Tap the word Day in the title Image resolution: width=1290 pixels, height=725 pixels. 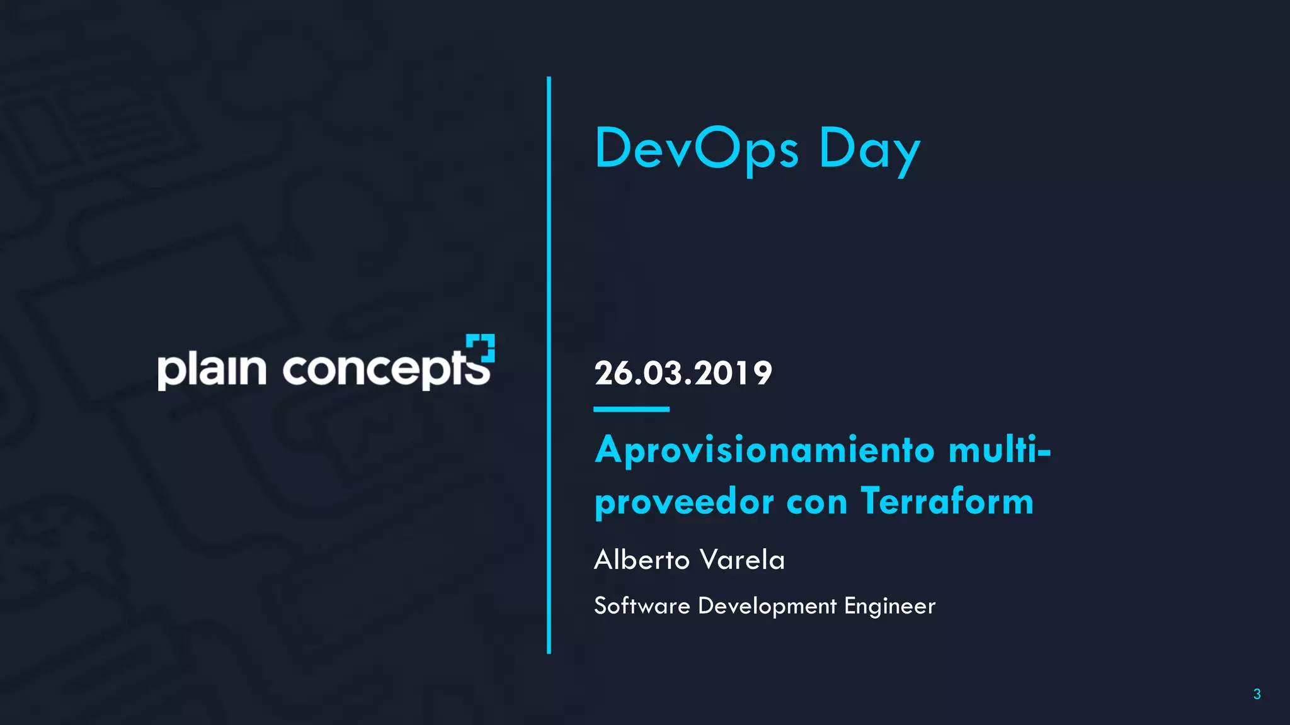click(x=869, y=150)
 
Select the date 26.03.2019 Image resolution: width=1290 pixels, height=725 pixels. click(x=683, y=373)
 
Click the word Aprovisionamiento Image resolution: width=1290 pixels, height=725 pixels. click(x=765, y=451)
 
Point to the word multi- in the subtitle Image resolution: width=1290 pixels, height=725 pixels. click(x=1000, y=450)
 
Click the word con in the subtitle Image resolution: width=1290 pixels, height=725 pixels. click(x=817, y=503)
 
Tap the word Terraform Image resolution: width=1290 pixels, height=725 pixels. click(x=947, y=502)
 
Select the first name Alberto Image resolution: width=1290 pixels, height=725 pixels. click(x=642, y=559)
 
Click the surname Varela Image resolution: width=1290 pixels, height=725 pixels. click(x=743, y=559)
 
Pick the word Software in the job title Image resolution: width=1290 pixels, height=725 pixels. click(x=642, y=605)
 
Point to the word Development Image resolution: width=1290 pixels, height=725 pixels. click(x=767, y=606)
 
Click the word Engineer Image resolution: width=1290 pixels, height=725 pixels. click(x=889, y=606)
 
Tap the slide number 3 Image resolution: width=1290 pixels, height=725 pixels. click(x=1257, y=694)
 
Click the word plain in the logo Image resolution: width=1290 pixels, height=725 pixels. click(x=212, y=369)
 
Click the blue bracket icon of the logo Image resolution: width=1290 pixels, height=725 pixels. click(x=481, y=347)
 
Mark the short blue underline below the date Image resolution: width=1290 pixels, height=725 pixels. click(x=631, y=409)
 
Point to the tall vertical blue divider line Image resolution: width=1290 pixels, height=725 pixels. click(x=549, y=365)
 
